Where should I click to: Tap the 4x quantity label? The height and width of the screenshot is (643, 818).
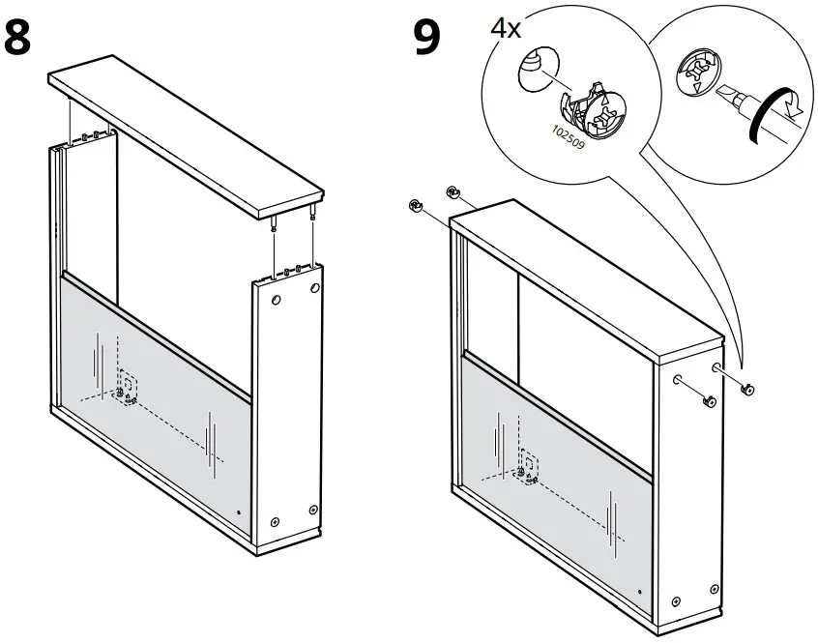505,27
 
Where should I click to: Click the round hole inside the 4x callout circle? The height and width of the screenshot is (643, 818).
535,71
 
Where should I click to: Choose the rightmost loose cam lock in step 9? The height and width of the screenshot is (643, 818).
747,389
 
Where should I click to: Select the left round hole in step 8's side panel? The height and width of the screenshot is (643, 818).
276,302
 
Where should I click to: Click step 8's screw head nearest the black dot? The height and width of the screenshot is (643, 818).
275,521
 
